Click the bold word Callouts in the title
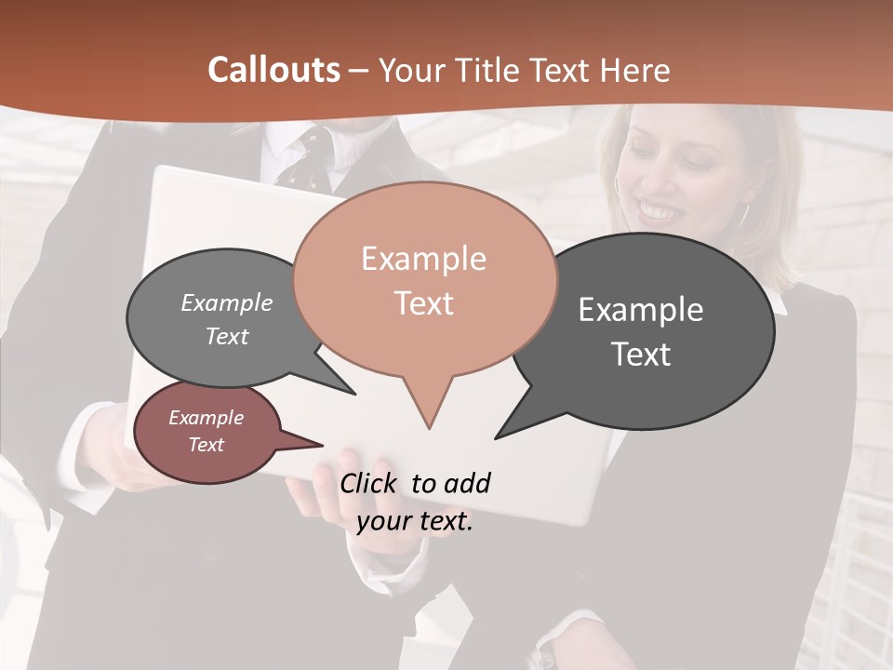[273, 70]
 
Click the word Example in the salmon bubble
[423, 259]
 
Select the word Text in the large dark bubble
[641, 355]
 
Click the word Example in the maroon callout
[206, 418]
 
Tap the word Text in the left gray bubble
[226, 337]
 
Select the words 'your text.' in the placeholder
[415, 521]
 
